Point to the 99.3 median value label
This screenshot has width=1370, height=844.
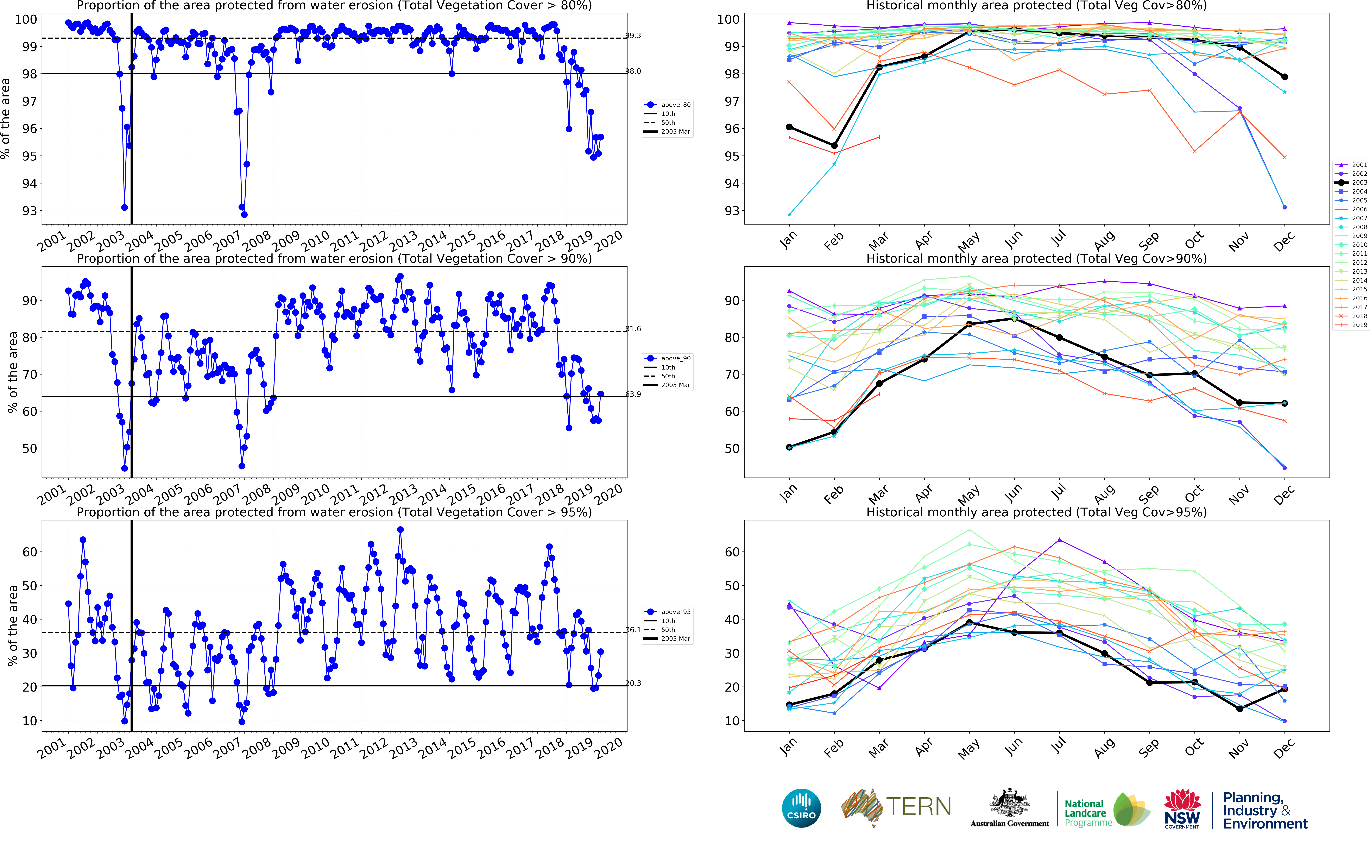(x=633, y=36)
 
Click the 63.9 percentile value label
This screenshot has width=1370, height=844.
(x=633, y=394)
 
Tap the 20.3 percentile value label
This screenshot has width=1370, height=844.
(x=633, y=683)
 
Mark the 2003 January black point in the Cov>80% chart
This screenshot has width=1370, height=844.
(x=789, y=127)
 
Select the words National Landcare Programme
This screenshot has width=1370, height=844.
(x=1087, y=813)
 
